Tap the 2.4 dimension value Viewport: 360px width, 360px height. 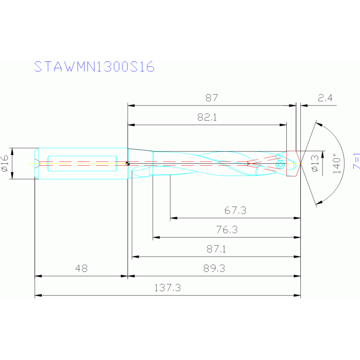pyautogui.click(x=325, y=98)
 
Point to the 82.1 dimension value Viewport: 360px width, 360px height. pyautogui.click(x=207, y=118)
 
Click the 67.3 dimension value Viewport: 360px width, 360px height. pyautogui.click(x=235, y=211)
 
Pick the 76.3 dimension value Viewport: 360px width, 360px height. pyautogui.click(x=226, y=230)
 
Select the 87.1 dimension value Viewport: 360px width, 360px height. pyautogui.click(x=216, y=250)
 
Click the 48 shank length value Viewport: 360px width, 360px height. pyautogui.click(x=81, y=268)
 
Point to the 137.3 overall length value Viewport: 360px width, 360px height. pyautogui.click(x=168, y=288)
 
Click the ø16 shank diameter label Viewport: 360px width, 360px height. pyautogui.click(x=5, y=163)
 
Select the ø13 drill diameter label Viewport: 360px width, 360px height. pyautogui.click(x=314, y=163)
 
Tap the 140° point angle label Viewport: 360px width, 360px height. pyautogui.click(x=336, y=163)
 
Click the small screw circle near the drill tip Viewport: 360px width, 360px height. pyautogui.click(x=280, y=164)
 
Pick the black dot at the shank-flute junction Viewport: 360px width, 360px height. pyautogui.click(x=128, y=164)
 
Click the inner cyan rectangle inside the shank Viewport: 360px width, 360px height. pyautogui.click(x=82, y=163)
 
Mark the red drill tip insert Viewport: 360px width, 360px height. pyautogui.click(x=293, y=163)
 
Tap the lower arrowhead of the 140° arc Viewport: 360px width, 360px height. pyautogui.click(x=319, y=203)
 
